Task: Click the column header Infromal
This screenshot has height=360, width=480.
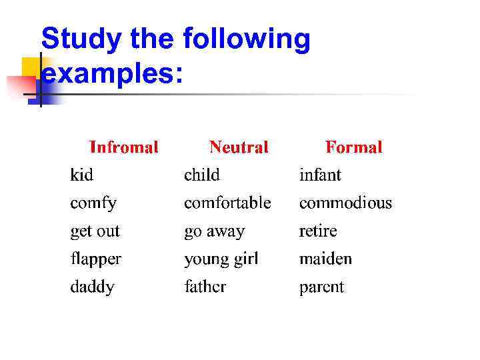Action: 124,147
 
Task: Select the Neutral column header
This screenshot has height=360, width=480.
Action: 239,147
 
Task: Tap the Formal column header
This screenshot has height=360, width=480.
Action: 353,147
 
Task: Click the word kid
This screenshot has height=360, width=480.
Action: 82,175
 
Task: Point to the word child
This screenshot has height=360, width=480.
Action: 201,175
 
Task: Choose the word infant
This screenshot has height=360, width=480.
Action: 320,175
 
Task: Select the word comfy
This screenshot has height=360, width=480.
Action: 93,203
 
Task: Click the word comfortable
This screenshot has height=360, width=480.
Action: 227,202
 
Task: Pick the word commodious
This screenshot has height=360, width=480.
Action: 345,202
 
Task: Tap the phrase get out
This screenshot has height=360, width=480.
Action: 95,231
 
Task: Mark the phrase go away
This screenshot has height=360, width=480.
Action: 214,232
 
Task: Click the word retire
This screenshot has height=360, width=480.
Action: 318,231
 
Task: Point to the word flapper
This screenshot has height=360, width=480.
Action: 96,259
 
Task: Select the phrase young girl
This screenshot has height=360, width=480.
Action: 221,259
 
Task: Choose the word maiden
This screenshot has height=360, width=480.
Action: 325,258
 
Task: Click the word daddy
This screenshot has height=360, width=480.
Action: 92,287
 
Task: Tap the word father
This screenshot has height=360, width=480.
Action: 205,287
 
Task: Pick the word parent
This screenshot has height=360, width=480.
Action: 321,287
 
